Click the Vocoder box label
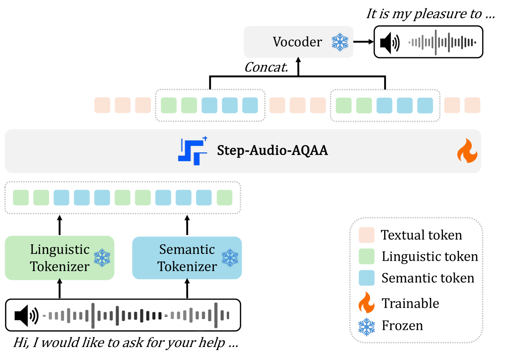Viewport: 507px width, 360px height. point(297,42)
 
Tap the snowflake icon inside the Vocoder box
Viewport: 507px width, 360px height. point(340,42)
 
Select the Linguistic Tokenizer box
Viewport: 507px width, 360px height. point(59,258)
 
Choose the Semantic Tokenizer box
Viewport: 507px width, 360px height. point(187,258)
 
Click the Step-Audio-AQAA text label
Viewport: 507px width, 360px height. point(272,150)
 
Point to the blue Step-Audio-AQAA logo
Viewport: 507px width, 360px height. point(193,151)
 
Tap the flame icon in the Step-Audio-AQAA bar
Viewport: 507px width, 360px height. point(467,151)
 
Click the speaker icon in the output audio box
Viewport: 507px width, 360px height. point(390,42)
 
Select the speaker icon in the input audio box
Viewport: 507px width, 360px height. point(26,316)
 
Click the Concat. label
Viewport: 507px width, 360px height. point(266,68)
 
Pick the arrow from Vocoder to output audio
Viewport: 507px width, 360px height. point(363,42)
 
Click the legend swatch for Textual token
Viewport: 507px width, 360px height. point(366,235)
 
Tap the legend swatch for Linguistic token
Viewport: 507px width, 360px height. point(366,257)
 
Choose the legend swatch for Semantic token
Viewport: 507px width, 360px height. point(366,278)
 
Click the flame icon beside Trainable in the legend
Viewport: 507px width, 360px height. point(366,303)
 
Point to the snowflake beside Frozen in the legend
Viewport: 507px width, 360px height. point(366,327)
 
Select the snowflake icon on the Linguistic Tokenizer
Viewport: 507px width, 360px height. point(102,258)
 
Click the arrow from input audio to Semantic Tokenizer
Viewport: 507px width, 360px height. point(187,289)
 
